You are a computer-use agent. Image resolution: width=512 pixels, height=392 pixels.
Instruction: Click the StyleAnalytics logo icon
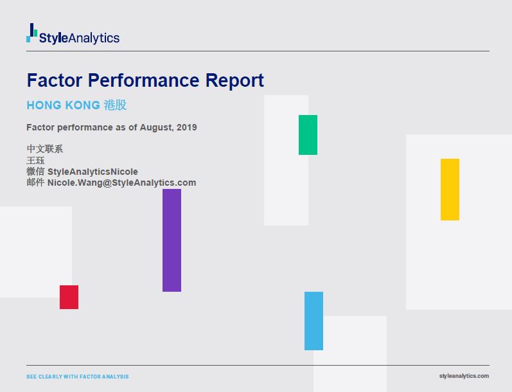(31, 33)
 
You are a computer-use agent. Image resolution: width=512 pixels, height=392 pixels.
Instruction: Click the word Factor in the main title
(55, 81)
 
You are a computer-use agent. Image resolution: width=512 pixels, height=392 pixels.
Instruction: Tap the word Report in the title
(234, 81)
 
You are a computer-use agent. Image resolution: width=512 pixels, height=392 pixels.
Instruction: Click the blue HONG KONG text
(63, 105)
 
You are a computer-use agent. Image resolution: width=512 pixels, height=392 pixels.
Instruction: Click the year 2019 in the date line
(186, 127)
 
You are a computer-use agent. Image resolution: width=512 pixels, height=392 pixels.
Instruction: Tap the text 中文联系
(44, 149)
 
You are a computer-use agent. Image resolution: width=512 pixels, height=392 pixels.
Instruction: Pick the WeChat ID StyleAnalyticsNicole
(93, 172)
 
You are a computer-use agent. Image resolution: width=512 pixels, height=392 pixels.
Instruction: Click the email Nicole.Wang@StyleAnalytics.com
(121, 183)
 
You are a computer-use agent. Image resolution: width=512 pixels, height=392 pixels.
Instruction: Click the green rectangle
(308, 135)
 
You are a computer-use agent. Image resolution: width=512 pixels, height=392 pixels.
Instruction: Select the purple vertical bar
(172, 240)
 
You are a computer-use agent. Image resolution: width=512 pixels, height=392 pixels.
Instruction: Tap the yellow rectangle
(450, 190)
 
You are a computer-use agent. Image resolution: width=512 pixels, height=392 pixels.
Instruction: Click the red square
(69, 297)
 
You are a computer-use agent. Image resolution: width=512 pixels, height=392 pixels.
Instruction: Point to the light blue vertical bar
(313, 321)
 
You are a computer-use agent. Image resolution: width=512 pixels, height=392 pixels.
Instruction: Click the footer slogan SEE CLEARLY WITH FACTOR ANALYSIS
(77, 377)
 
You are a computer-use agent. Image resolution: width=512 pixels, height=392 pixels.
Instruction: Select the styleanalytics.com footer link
(464, 376)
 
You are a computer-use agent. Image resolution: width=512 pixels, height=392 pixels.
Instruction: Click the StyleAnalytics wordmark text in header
(79, 38)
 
